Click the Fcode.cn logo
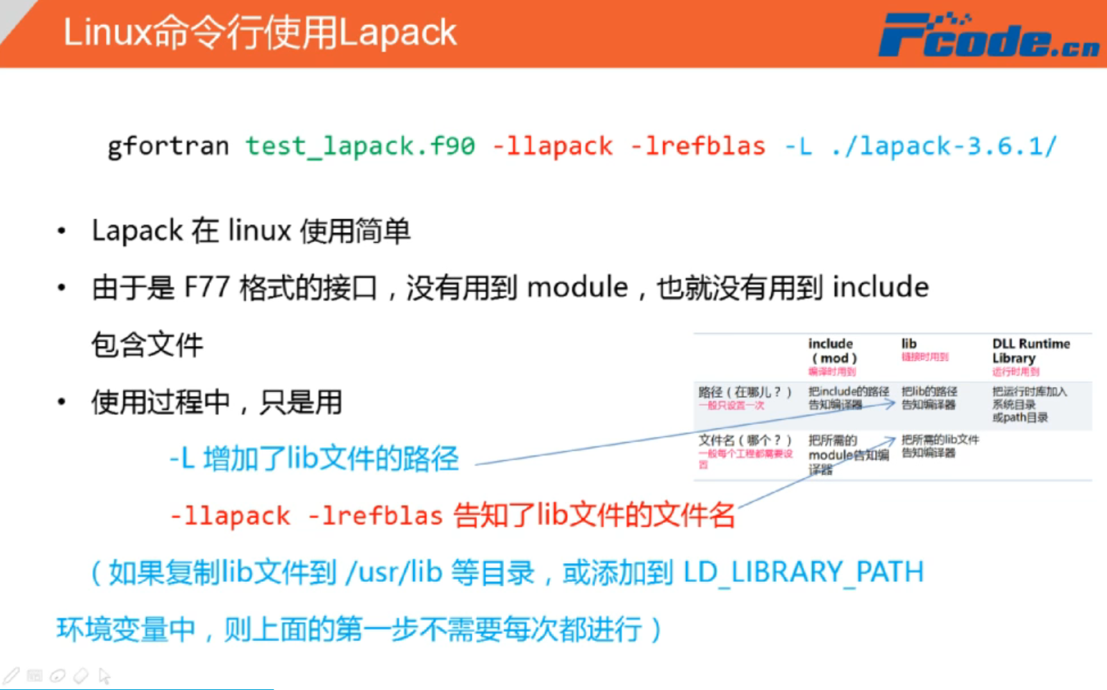coord(988,35)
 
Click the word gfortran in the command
coord(168,146)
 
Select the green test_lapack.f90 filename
coord(360,146)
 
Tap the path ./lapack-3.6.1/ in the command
coord(944,146)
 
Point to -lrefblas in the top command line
coord(697,146)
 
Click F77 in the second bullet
coord(207,288)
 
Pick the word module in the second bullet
coord(577,288)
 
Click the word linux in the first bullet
coord(260,231)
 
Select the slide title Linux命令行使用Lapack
coord(260,33)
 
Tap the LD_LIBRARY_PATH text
coord(803,572)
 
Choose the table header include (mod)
coord(831,351)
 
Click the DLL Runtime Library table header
coord(1030,351)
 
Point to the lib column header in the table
coord(909,344)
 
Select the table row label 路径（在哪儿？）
coord(745,392)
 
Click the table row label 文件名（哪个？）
coord(745,440)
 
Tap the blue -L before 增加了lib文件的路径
coord(182,459)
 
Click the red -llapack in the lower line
coord(230,516)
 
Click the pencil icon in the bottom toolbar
coord(11,675)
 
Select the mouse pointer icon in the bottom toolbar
coord(105,676)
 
